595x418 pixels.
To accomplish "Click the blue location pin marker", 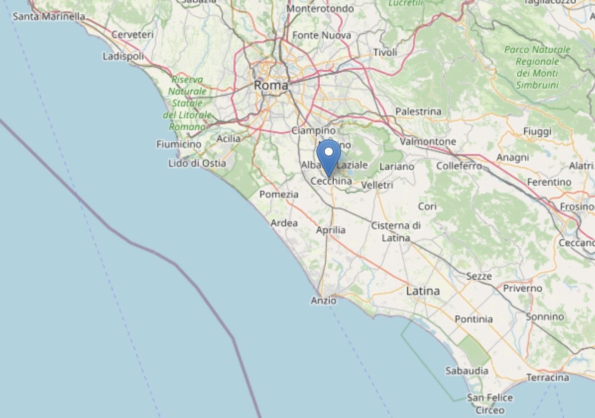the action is tap(328, 157).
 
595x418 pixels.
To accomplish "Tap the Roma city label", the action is tap(271, 85).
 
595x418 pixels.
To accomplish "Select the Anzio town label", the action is tap(323, 300).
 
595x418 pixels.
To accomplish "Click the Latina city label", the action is tap(423, 291).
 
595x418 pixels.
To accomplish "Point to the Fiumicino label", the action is tap(179, 145).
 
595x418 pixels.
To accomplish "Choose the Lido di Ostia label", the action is tap(197, 163).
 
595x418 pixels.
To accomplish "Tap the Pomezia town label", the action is tap(279, 194).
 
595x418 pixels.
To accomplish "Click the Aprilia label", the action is tap(331, 230).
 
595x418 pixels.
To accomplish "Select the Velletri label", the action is tap(377, 185).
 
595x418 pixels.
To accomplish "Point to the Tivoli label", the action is tap(385, 52).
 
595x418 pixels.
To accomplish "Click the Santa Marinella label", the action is tap(49, 17).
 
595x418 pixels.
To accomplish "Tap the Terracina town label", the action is tap(547, 377).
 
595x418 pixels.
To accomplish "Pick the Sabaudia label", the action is tap(467, 370).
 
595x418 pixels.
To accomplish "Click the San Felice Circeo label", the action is tap(490, 404).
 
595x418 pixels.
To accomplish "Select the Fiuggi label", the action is tap(537, 131).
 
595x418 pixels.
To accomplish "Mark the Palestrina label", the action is tap(418, 111).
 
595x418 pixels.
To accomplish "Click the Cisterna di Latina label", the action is tap(396, 232).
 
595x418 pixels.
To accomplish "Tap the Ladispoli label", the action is tap(123, 56).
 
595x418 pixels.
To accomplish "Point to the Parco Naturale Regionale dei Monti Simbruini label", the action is tap(537, 67).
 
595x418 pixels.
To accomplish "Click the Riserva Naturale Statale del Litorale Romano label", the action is tap(187, 103).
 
